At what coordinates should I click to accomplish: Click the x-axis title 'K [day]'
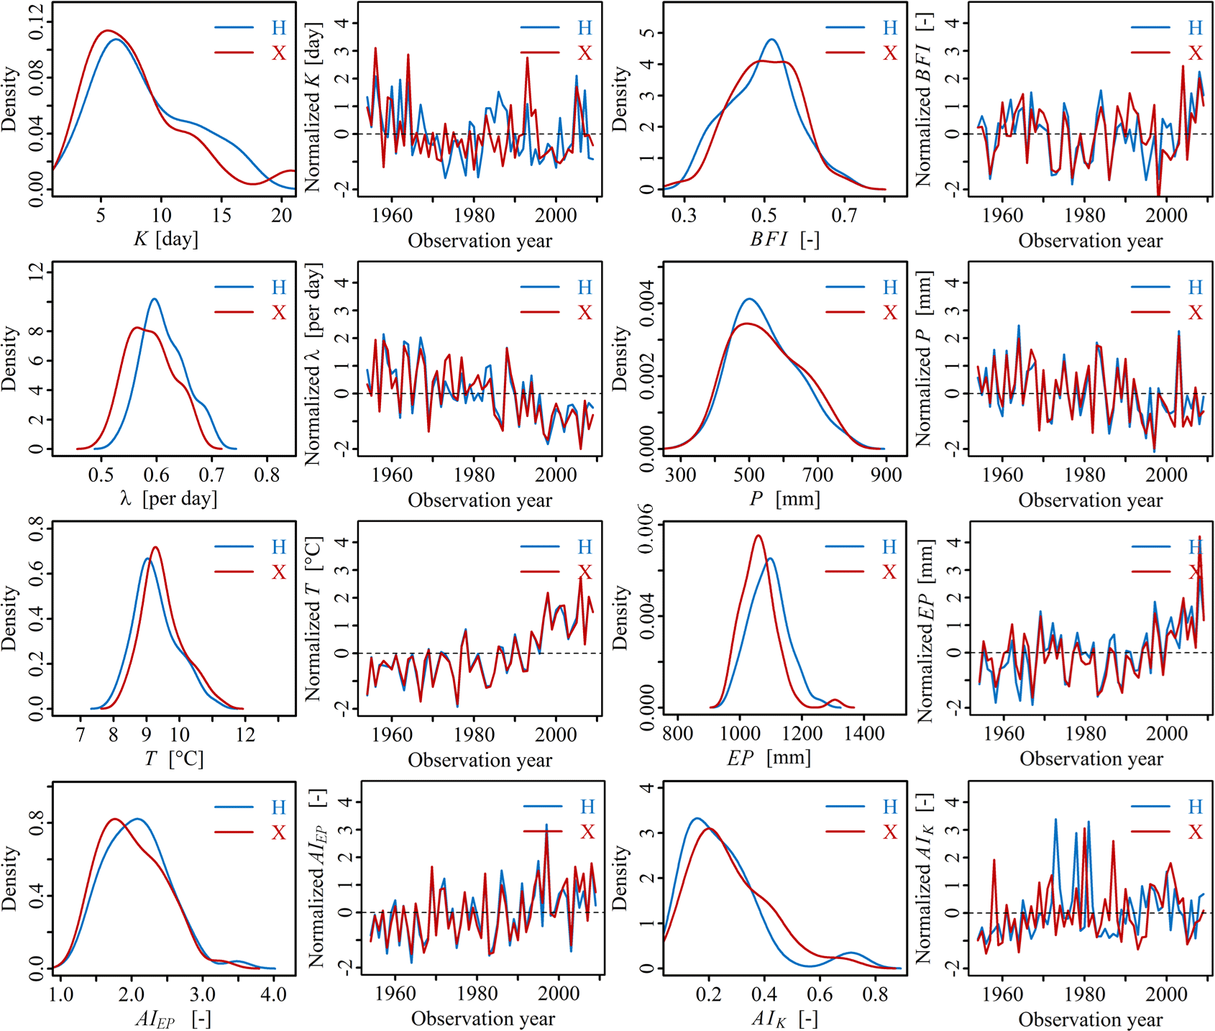[165, 239]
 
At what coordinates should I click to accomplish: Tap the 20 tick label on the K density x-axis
[282, 215]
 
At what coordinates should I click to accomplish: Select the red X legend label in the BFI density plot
[890, 53]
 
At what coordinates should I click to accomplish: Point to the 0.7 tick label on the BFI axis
[844, 215]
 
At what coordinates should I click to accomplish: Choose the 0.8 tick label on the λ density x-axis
[267, 475]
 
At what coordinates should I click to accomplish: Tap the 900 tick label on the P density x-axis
[886, 475]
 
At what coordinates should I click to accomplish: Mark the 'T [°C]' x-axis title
[173, 759]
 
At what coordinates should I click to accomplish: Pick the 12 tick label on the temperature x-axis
[245, 734]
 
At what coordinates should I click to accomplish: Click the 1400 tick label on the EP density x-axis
[864, 733]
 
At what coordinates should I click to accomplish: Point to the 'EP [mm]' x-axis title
[769, 758]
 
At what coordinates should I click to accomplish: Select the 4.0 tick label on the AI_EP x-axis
[273, 994]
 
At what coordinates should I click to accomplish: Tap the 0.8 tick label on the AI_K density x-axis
[875, 994]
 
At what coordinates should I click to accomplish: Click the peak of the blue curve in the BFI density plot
[771, 40]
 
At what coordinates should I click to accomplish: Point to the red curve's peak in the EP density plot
[758, 535]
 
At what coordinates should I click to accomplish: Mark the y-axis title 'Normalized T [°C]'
[313, 618]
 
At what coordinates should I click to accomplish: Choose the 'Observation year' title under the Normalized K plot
[480, 240]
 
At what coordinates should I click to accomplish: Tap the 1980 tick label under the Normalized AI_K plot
[1085, 994]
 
